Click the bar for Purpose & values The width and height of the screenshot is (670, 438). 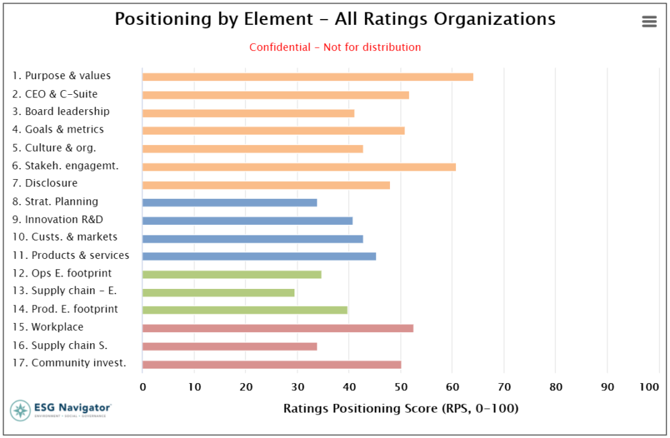click(308, 77)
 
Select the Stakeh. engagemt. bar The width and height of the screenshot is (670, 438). click(299, 167)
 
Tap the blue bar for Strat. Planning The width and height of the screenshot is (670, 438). click(230, 203)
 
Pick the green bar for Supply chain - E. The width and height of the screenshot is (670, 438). click(219, 292)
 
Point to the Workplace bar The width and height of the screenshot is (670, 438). click(277, 328)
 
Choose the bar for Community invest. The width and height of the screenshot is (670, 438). click(272, 364)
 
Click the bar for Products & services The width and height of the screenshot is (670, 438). click(259, 256)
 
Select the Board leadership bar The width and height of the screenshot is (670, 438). click(248, 113)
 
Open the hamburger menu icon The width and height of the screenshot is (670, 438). click(649, 22)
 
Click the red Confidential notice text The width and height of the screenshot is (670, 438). click(335, 47)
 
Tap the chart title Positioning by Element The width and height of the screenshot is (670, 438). click(335, 19)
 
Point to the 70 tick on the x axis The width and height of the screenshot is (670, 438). click(503, 387)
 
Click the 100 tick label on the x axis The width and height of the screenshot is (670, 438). click(650, 387)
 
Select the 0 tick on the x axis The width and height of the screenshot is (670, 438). click(143, 387)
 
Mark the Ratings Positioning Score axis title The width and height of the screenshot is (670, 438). click(400, 409)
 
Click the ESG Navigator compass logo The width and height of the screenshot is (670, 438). click(20, 411)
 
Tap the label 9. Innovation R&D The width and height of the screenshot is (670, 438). click(58, 220)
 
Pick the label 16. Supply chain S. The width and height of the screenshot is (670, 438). click(60, 345)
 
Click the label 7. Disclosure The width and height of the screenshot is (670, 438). click(45, 184)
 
